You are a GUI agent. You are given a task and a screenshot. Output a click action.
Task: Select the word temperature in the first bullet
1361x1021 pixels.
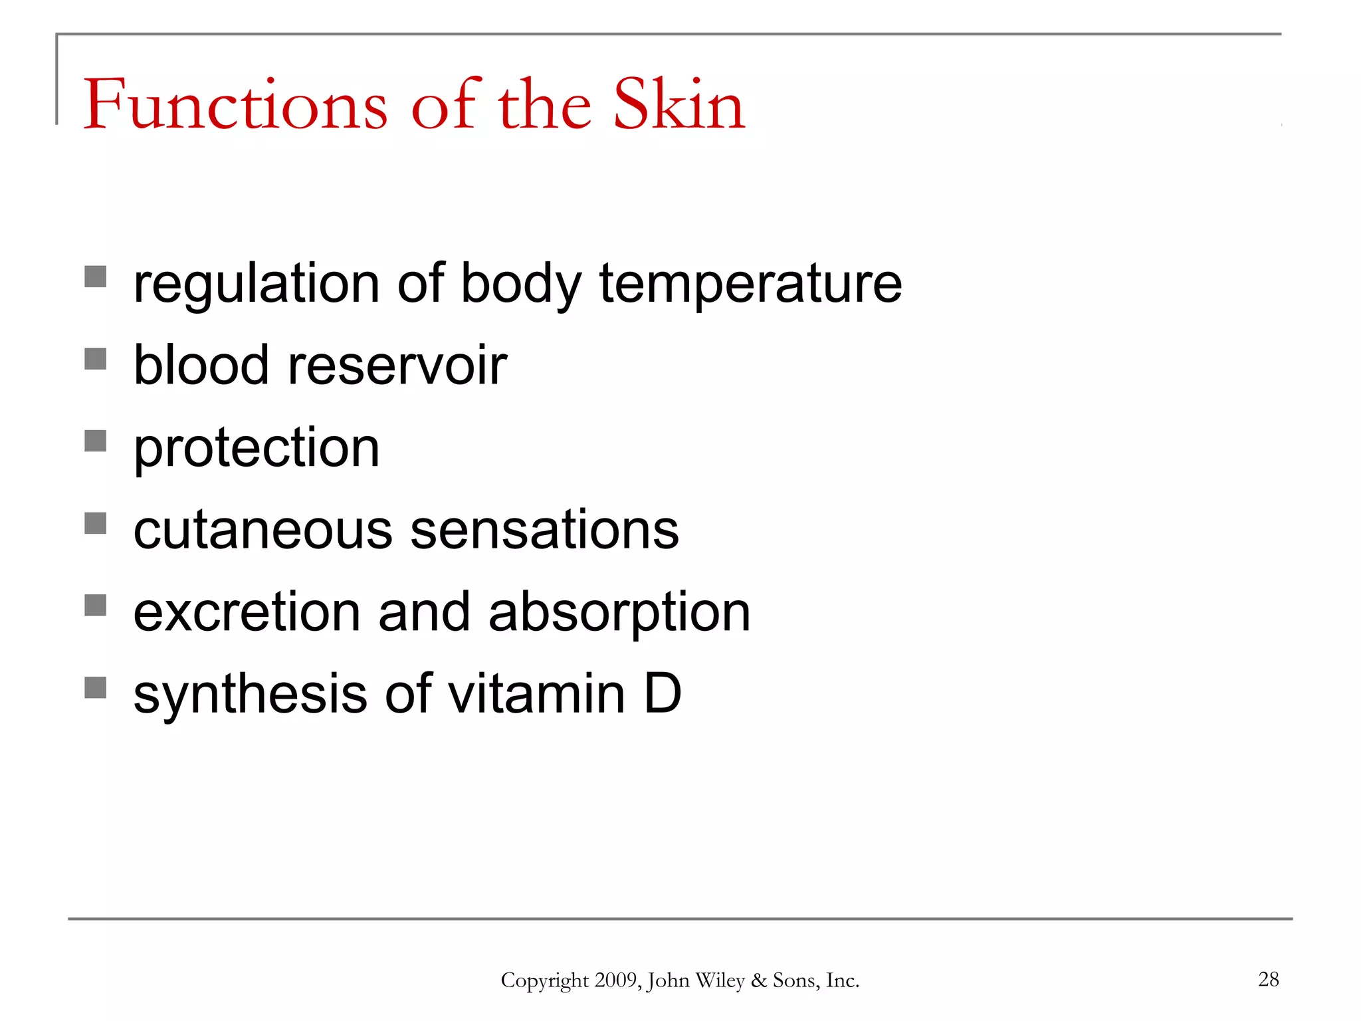pyautogui.click(x=750, y=284)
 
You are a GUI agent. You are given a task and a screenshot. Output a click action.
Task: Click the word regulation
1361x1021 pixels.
pyautogui.click(x=257, y=284)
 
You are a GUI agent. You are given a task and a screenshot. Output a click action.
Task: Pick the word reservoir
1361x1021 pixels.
pyautogui.click(x=397, y=366)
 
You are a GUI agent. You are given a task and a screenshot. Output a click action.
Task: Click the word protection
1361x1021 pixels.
pyautogui.click(x=257, y=448)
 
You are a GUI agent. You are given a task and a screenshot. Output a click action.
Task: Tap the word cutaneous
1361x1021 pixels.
pyautogui.click(x=263, y=530)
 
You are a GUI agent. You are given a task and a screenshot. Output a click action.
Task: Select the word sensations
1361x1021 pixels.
pyautogui.click(x=544, y=530)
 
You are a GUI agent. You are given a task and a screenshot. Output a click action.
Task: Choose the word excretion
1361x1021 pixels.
pyautogui.click(x=247, y=612)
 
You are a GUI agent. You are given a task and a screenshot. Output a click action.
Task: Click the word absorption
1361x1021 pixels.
pyautogui.click(x=619, y=612)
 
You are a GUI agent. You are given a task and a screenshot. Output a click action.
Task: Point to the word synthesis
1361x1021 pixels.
pyautogui.click(x=250, y=695)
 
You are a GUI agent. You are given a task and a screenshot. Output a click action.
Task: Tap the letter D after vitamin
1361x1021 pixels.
pyautogui.click(x=663, y=694)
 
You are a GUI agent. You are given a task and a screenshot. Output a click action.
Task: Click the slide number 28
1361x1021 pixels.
pyautogui.click(x=1268, y=979)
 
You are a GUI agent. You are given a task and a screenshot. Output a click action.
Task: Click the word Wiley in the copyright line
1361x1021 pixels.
pyautogui.click(x=720, y=980)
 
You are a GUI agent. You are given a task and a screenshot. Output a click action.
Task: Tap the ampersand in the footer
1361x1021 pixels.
pyautogui.click(x=758, y=980)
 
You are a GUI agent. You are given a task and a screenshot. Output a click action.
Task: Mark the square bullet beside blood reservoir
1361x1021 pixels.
pyautogui.click(x=96, y=359)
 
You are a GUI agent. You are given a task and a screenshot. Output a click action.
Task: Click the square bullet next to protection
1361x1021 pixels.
pyautogui.click(x=96, y=441)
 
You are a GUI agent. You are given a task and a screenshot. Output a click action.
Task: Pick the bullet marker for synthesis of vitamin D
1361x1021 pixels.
pyautogui.click(x=96, y=687)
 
